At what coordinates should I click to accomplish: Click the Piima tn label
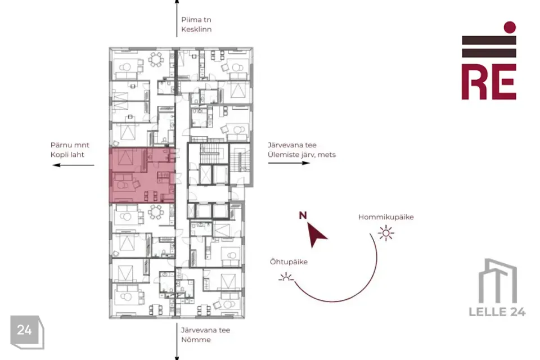tap(196, 20)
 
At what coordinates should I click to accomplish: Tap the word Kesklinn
tap(196, 29)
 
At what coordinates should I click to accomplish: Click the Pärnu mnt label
tap(70, 145)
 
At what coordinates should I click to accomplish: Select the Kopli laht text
tap(67, 155)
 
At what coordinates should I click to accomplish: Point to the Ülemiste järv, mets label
tap(301, 155)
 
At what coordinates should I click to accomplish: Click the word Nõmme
tap(196, 340)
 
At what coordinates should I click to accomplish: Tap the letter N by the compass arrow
tap(303, 215)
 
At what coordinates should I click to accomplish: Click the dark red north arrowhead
tap(316, 234)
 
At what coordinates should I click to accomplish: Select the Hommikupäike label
tap(386, 217)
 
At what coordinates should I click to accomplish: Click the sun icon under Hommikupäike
tap(386, 233)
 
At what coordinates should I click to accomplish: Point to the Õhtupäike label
tap(289, 262)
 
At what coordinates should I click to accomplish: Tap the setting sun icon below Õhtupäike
tap(286, 277)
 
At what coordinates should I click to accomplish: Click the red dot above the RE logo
tap(510, 27)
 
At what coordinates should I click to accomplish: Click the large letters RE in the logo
tap(489, 82)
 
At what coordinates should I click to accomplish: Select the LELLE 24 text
tap(497, 312)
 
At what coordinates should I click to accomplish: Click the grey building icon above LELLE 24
tap(498, 281)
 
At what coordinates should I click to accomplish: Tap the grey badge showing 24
tap(27, 331)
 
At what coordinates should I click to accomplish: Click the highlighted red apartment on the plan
tap(142, 175)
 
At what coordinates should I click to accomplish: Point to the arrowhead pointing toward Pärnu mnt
tap(56, 165)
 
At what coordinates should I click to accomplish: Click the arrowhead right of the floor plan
tap(306, 163)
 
